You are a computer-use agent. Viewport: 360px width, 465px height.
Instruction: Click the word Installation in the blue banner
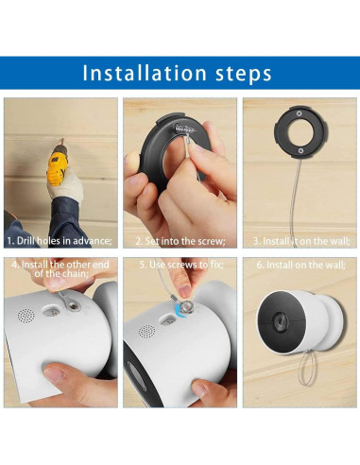click(145, 73)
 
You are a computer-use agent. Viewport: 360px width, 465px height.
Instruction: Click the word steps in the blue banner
click(244, 74)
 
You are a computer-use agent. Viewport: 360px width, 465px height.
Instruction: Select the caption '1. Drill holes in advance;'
click(60, 241)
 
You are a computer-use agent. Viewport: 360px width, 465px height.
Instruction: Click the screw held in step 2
click(185, 128)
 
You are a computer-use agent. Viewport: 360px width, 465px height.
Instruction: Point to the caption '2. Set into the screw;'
click(180, 241)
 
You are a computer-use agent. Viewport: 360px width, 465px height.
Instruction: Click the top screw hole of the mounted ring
click(300, 113)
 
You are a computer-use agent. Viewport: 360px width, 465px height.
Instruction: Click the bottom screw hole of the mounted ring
click(300, 151)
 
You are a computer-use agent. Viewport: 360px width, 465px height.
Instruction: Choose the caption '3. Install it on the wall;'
click(301, 241)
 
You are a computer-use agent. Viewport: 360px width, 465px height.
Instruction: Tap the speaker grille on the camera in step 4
click(26, 316)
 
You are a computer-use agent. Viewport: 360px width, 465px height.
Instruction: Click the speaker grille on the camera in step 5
click(146, 332)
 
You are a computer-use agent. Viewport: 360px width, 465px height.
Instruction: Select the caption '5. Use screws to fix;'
click(181, 265)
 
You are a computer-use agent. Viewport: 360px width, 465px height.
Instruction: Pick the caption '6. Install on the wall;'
click(300, 265)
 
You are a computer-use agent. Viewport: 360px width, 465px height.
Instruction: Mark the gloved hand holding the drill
click(64, 184)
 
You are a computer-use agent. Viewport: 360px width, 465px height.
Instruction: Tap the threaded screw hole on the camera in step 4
click(74, 305)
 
